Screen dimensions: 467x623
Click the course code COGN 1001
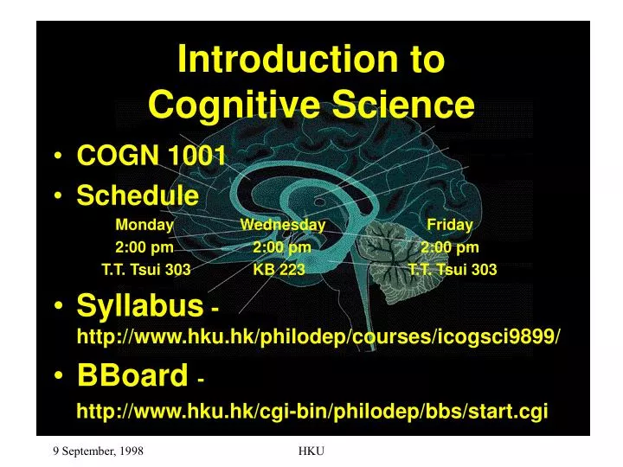pos(151,156)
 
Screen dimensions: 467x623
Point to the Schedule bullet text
pos(138,195)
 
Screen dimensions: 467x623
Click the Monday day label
pos(145,225)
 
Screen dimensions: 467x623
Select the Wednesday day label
pos(282,225)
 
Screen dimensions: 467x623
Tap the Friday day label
pos(449,225)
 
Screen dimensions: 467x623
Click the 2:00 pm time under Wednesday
pos(282,247)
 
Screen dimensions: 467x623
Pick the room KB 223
pos(279,270)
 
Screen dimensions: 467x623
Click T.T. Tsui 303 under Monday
pos(145,270)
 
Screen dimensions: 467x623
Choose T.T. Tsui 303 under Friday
pos(453,270)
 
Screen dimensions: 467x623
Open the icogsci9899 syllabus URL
pos(318,336)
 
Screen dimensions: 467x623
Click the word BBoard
pos(132,375)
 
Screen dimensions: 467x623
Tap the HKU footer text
pos(311,451)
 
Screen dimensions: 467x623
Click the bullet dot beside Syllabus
pos(57,306)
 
